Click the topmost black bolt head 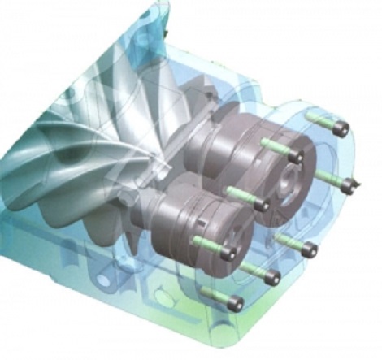coord(341,128)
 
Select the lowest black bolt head coord(237,304)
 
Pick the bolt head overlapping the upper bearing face coord(297,156)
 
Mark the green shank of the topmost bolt coord(322,122)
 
